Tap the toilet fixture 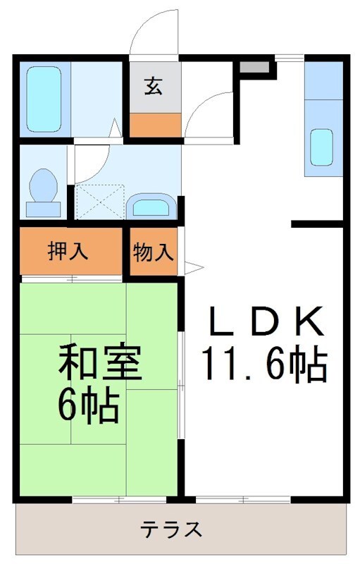coord(44,191)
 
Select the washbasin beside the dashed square coord(150,206)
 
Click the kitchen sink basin coord(321,147)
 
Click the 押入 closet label coord(68,252)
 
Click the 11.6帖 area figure coord(266,364)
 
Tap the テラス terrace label coord(172,528)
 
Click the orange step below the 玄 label coord(154,125)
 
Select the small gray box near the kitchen coord(254,68)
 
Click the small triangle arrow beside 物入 coord(192,266)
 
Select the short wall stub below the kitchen coord(318,225)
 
